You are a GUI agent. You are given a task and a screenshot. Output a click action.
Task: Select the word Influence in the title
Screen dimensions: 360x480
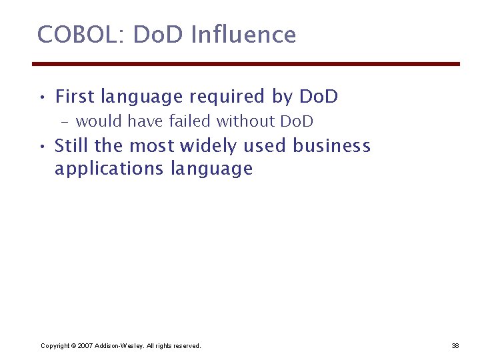pos(243,34)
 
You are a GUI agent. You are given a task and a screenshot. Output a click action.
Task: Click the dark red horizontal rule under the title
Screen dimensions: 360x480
pos(246,64)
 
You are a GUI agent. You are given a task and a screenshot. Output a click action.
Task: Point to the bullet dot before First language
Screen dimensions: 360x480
pos(42,97)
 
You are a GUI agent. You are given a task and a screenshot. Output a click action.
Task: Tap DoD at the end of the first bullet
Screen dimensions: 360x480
pos(319,97)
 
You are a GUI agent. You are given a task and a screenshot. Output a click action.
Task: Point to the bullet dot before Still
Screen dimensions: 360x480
pos(42,146)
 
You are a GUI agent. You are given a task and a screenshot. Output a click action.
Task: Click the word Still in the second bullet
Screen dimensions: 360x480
pos(73,145)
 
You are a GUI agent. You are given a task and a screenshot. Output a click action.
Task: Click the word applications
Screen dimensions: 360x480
pos(109,169)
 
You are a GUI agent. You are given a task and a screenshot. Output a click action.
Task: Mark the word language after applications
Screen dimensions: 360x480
pos(212,169)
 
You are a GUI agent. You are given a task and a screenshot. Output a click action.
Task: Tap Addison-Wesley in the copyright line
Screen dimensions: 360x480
pos(119,345)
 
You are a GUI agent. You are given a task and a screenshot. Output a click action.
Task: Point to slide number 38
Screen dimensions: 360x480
pos(455,345)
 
